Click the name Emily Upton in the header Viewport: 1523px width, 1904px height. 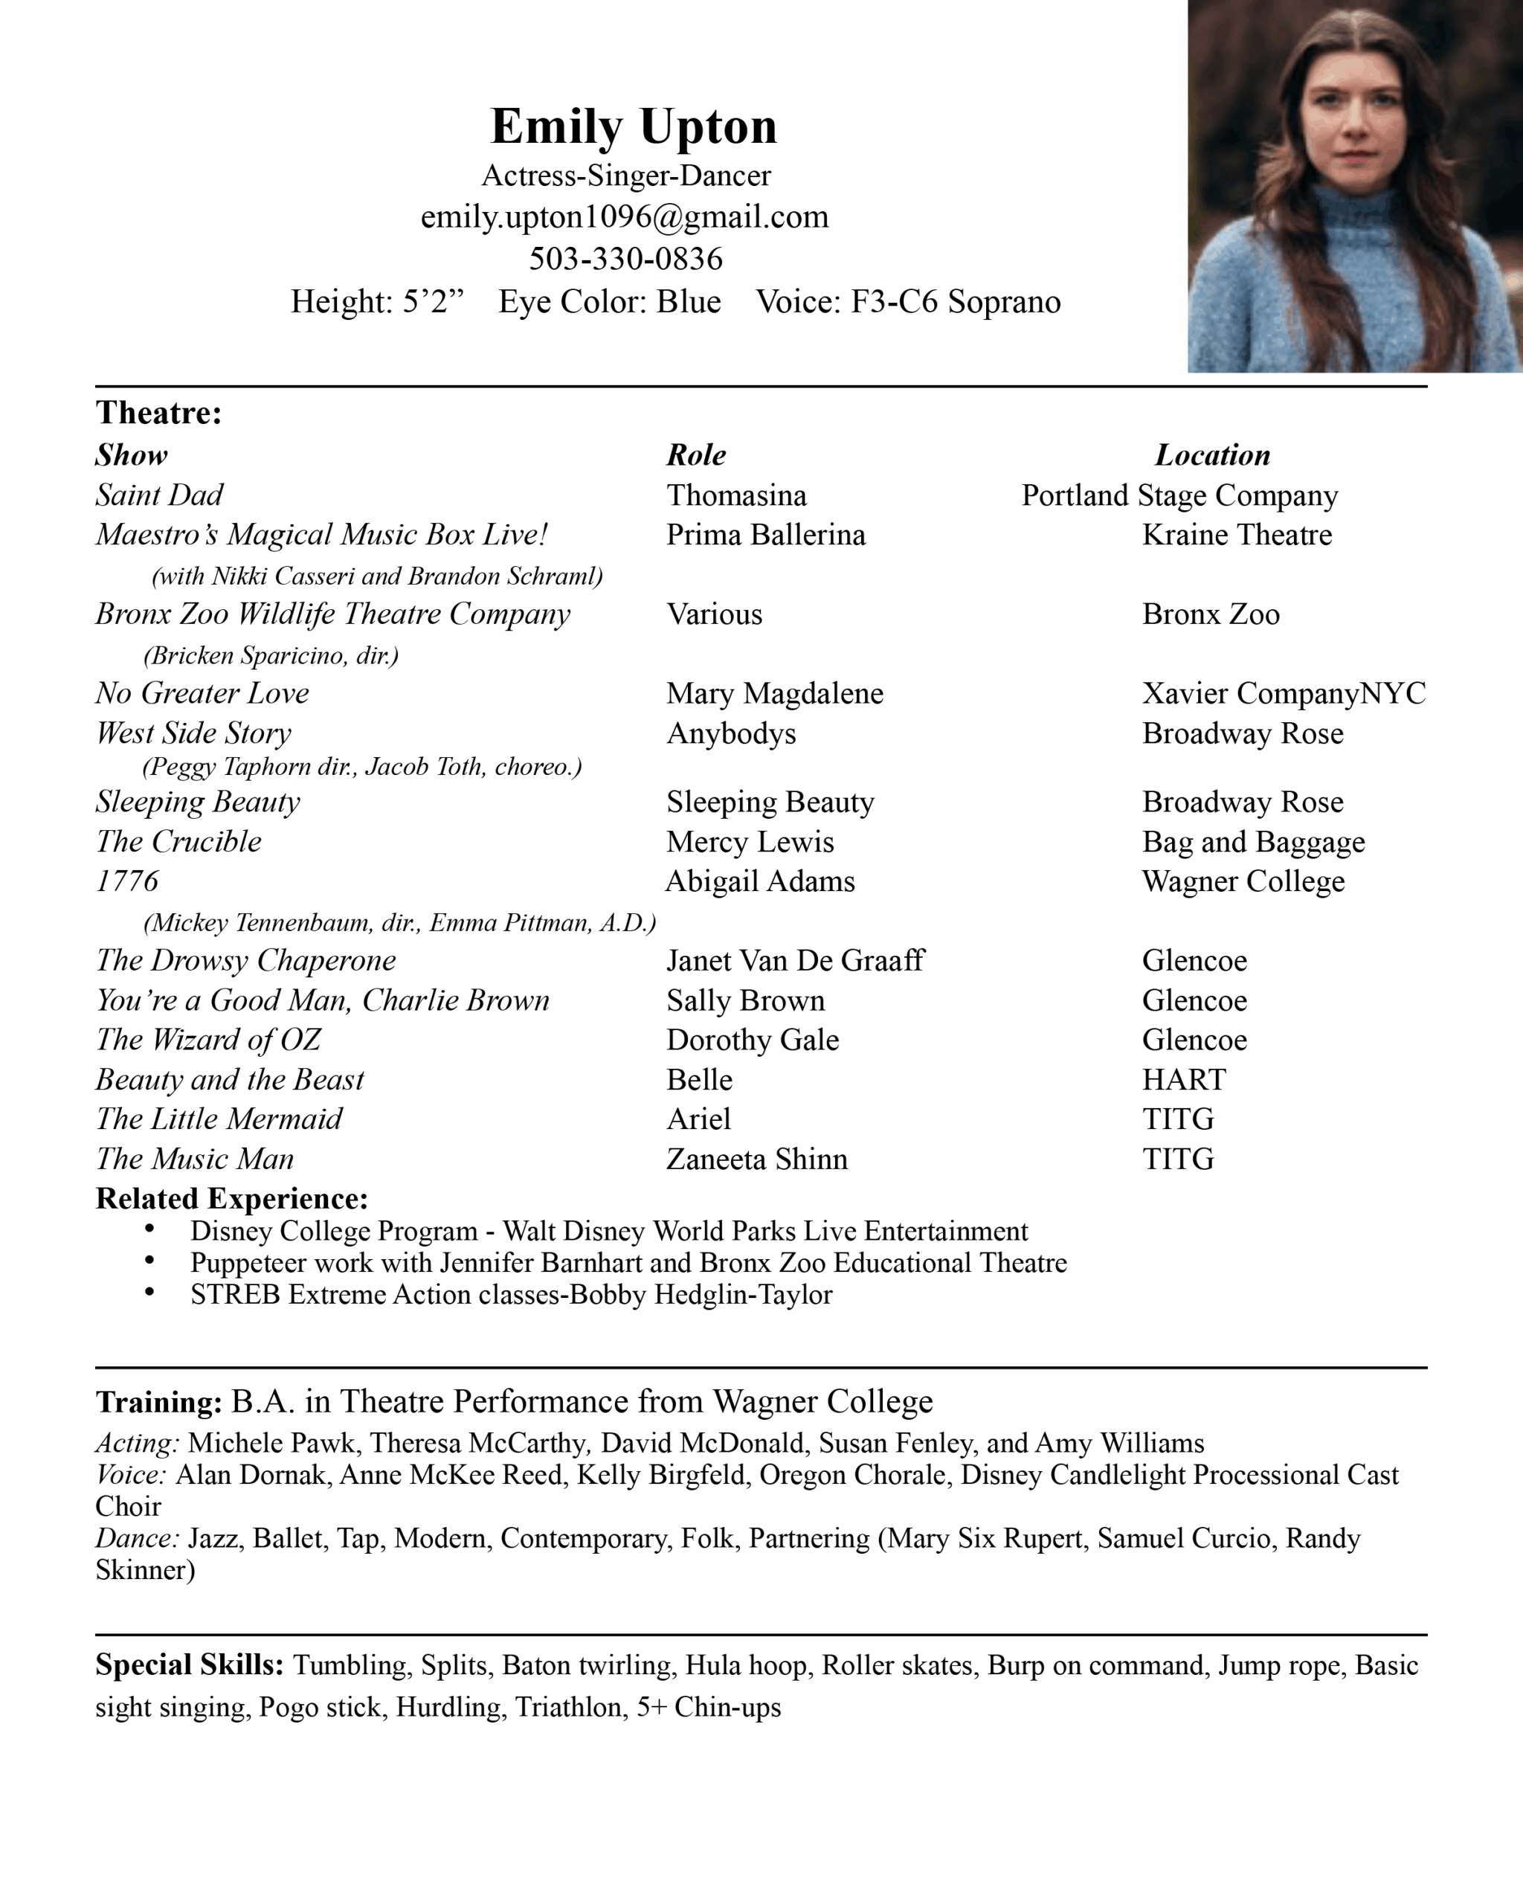pos(633,126)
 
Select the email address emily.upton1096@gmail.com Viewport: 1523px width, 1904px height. pos(624,217)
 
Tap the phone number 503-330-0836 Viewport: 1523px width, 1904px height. pos(625,259)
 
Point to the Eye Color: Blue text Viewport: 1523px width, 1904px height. pos(609,302)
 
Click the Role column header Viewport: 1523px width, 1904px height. pos(696,455)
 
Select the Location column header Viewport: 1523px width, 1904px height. pos(1212,455)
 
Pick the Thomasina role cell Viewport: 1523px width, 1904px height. pos(736,495)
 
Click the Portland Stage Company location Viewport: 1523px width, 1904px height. pos(1179,495)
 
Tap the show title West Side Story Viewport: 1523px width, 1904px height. pos(193,733)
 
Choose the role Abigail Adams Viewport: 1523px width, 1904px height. pos(760,881)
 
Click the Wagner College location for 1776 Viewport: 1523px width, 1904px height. pos(1243,881)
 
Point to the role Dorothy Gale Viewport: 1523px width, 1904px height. pos(753,1041)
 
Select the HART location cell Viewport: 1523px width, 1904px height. pos(1184,1080)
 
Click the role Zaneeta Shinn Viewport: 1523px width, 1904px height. pos(756,1160)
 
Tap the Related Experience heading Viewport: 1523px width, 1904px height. pos(231,1198)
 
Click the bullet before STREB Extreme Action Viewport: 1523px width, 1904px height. pos(150,1293)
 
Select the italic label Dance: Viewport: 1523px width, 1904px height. pos(137,1538)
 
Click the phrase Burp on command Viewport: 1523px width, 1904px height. pos(1095,1665)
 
